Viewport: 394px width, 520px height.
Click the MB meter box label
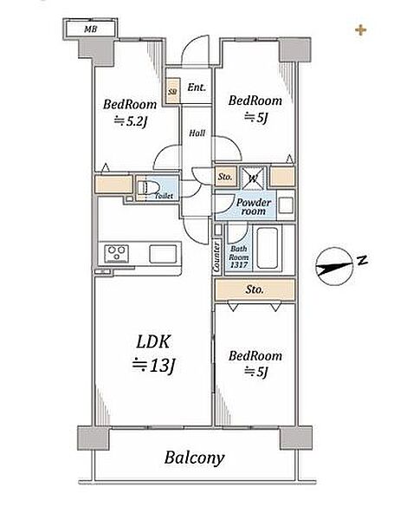click(x=90, y=29)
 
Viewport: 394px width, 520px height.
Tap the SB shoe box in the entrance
click(x=172, y=91)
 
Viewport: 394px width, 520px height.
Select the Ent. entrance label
click(x=197, y=88)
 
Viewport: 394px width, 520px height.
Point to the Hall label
click(x=197, y=133)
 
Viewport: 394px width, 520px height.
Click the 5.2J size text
click(x=130, y=121)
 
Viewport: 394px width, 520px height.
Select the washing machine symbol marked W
click(x=253, y=178)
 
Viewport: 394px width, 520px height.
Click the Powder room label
click(x=254, y=206)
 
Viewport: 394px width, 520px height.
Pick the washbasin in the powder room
click(x=285, y=205)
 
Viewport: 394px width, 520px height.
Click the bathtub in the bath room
click(x=267, y=248)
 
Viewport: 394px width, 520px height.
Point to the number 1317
click(x=239, y=264)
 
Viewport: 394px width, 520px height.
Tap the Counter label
click(x=216, y=257)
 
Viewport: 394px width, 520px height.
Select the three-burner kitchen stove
click(x=116, y=254)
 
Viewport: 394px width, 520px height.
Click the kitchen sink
click(x=163, y=254)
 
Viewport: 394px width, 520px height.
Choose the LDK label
click(x=153, y=341)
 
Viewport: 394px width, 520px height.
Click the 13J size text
click(x=153, y=365)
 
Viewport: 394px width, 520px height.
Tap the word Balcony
click(x=195, y=458)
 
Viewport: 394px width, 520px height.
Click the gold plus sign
click(x=360, y=30)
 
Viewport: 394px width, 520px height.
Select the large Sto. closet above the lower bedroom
click(x=255, y=289)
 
